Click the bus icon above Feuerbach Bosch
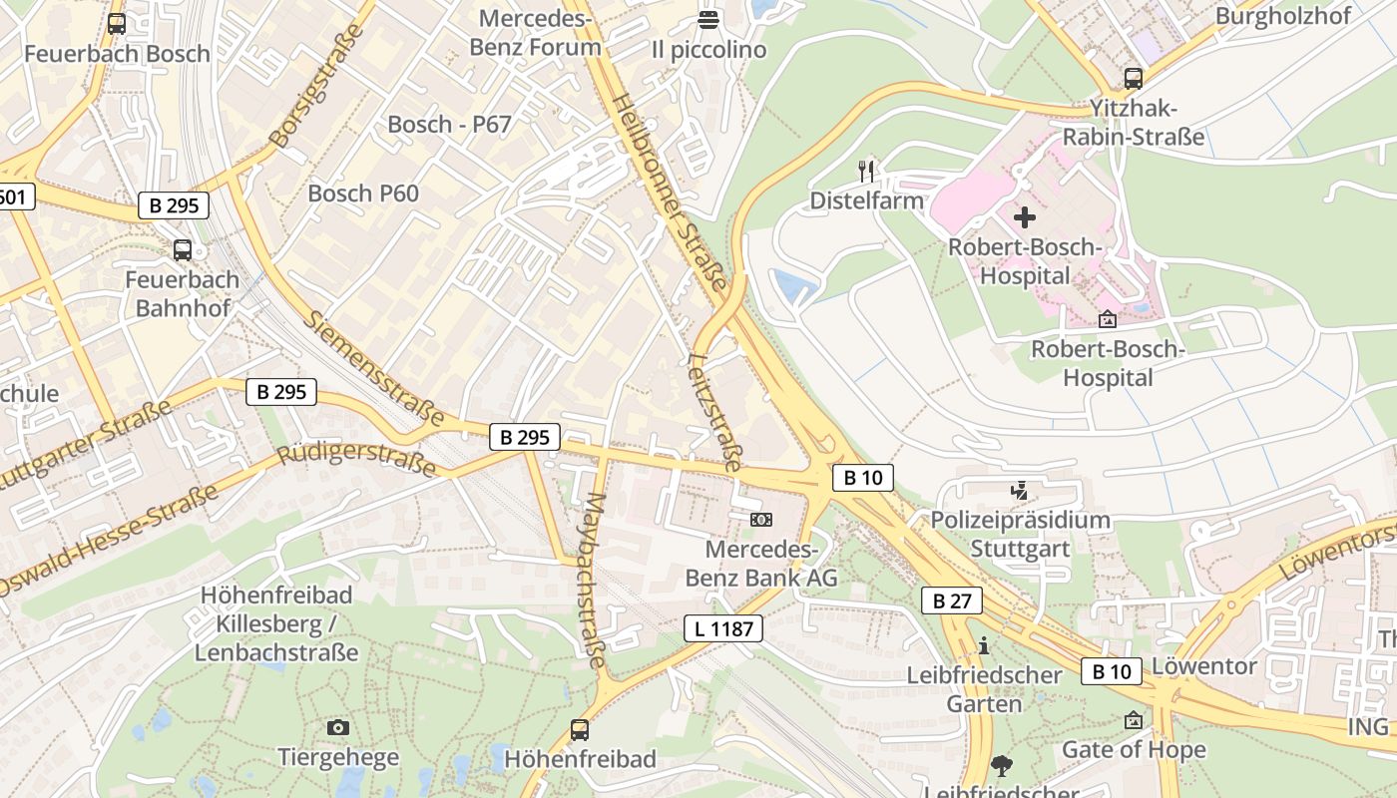click(117, 23)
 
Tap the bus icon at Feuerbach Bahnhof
click(183, 249)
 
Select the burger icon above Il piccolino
click(708, 19)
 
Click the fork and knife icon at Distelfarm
click(866, 171)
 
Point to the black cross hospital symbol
click(1025, 216)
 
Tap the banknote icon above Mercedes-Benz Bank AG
click(761, 520)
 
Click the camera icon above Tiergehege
click(338, 727)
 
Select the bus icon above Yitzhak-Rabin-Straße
click(1133, 78)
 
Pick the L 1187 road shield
click(723, 628)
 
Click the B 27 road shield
click(951, 600)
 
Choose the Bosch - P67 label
click(449, 125)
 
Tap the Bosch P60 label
click(363, 194)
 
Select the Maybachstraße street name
click(595, 580)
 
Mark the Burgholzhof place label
click(1282, 16)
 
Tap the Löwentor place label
click(1203, 665)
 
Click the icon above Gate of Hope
click(1134, 720)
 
